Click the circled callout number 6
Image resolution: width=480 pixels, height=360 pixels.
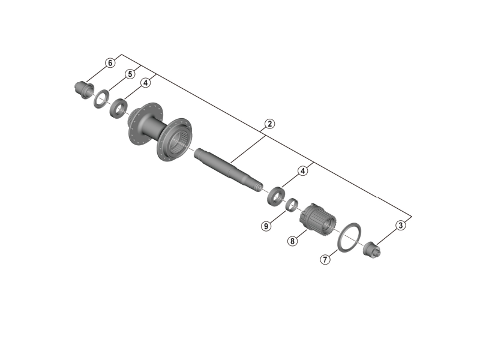[110, 63]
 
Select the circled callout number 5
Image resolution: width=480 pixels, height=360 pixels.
[130, 74]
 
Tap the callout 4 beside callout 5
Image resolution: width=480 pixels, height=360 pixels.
[145, 83]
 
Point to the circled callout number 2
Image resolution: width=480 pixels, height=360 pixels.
[269, 124]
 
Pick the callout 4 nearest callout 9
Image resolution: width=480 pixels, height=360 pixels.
[303, 171]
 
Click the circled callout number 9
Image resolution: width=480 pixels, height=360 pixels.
[266, 226]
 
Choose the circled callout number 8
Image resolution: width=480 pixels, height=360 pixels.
[292, 241]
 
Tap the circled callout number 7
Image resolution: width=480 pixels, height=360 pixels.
[325, 260]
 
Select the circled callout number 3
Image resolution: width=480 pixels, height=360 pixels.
[400, 226]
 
